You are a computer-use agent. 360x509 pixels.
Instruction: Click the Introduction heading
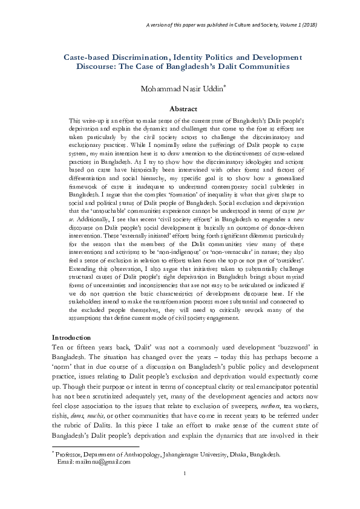[x=71, y=336]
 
